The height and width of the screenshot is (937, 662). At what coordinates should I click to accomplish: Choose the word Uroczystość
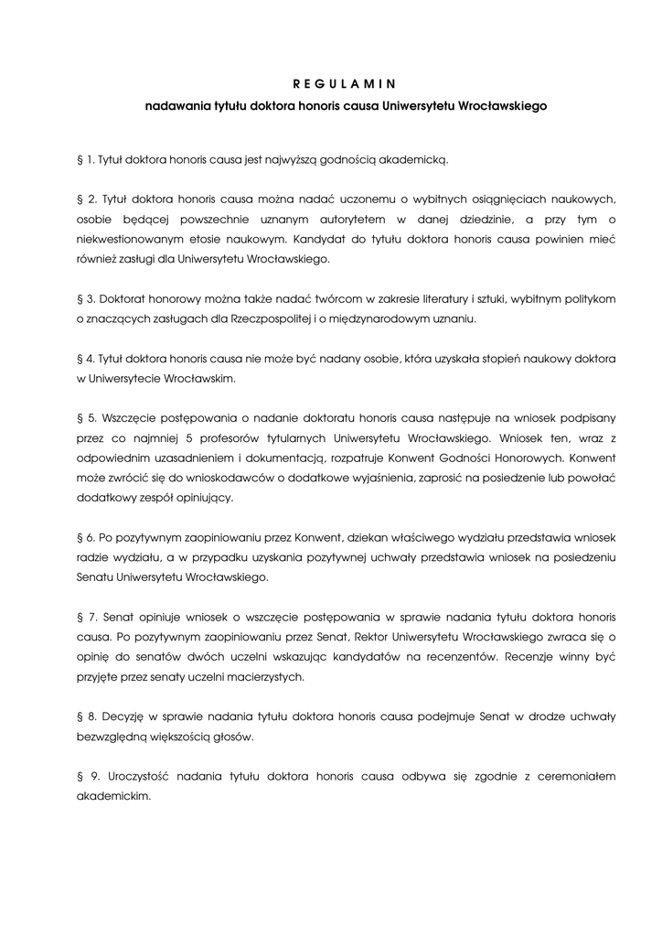coord(135,776)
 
